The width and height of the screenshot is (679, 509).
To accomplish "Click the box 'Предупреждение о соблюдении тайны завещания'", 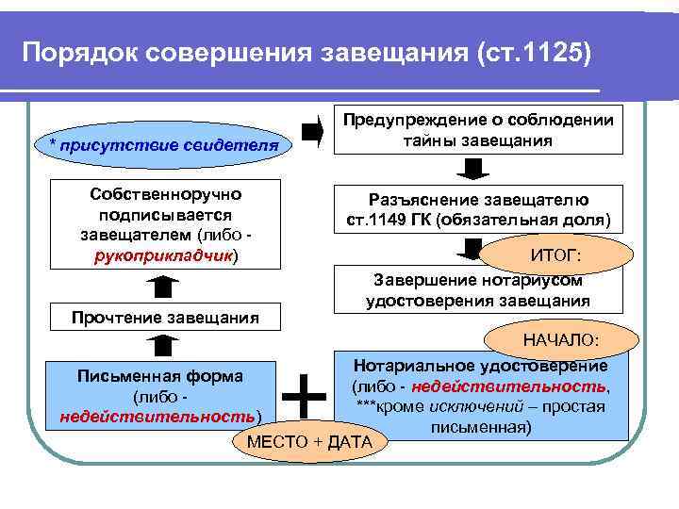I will (x=481, y=130).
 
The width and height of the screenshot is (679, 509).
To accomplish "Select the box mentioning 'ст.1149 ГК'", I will (x=479, y=210).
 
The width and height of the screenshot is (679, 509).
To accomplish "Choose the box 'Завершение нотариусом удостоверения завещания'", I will (x=478, y=290).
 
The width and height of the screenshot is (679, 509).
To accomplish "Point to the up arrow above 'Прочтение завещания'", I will (x=164, y=285).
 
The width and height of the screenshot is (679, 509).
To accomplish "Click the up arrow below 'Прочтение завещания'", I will (x=164, y=345).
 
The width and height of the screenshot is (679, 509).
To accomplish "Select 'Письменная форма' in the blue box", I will (x=159, y=376).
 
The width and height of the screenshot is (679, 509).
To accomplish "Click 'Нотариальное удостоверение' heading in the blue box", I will (x=480, y=366).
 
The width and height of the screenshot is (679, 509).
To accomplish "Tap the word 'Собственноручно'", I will (x=166, y=194).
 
